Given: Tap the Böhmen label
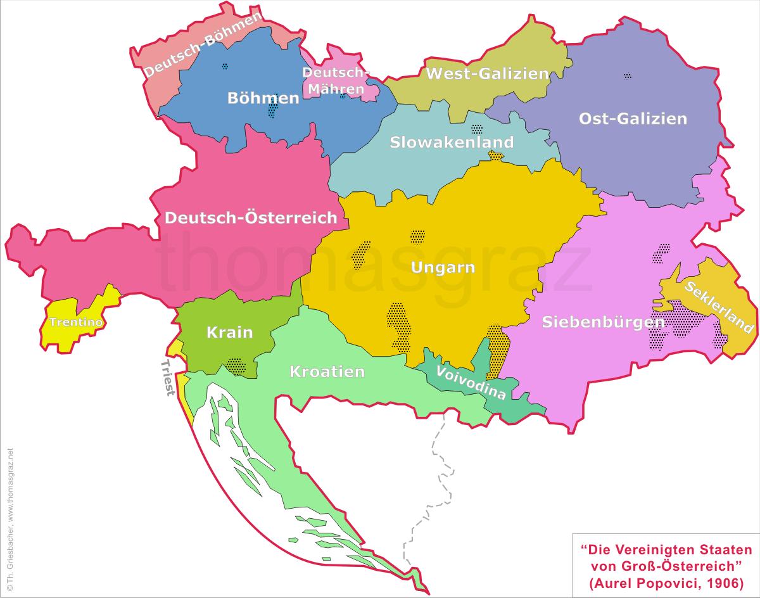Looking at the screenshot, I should tap(263, 98).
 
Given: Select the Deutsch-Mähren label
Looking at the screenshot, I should tap(333, 80).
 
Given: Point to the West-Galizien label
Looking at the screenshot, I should tap(486, 73).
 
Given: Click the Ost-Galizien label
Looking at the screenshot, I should tap(633, 118).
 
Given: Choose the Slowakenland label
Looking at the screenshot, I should tap(452, 142).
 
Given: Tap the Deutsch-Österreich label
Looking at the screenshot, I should tap(251, 218).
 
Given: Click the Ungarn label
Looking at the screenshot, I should tap(443, 267).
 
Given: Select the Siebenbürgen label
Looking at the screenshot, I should tap(604, 322).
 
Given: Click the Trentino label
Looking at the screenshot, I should tap(76, 322).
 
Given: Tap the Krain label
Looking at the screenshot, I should tap(229, 333).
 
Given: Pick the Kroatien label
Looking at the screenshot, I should tap(327, 372).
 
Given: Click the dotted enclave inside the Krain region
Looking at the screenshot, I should tap(236, 366).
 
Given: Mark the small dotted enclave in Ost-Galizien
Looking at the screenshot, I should tap(627, 75).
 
